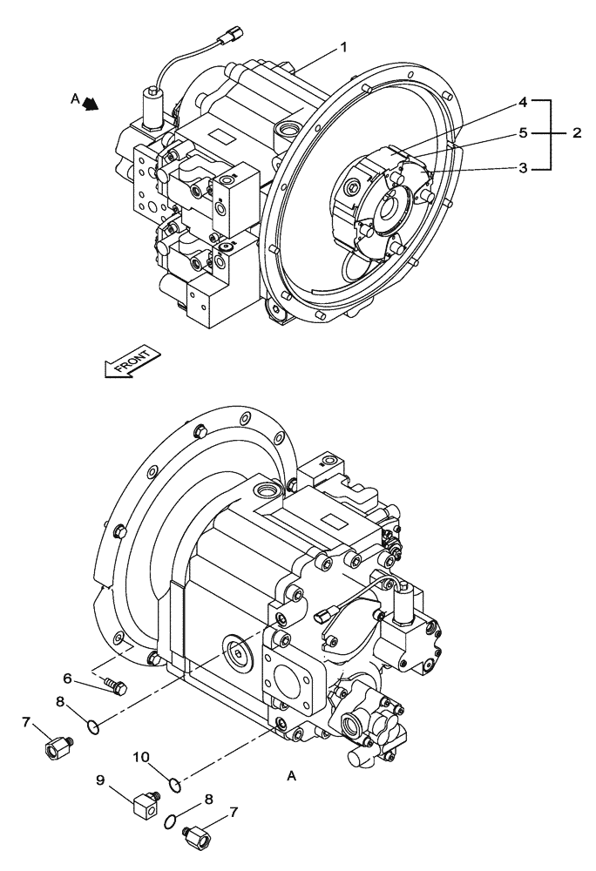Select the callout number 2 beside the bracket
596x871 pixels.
[577, 133]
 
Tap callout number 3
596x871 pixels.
[523, 167]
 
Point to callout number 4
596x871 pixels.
[523, 102]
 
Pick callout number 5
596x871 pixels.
[523, 134]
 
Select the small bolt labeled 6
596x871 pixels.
[113, 686]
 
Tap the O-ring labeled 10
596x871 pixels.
[174, 785]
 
